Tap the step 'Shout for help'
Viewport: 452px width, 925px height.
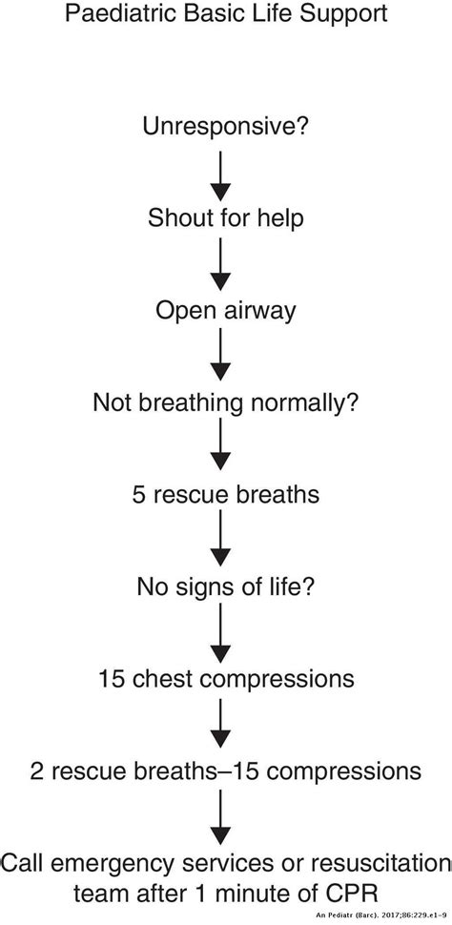point(226,218)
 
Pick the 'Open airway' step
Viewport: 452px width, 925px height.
point(226,310)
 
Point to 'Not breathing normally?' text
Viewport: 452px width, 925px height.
point(226,402)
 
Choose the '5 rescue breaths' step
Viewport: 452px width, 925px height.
point(226,495)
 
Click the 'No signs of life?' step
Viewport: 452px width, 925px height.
point(226,586)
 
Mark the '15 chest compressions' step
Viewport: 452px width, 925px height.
point(226,679)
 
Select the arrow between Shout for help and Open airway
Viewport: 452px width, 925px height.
point(221,264)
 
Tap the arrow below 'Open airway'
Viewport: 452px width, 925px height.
point(221,356)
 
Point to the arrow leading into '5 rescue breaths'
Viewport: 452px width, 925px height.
point(221,448)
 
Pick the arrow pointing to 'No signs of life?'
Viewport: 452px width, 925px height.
point(221,541)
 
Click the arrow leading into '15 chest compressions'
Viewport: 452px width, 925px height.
point(221,632)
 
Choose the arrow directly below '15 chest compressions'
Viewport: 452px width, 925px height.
point(221,725)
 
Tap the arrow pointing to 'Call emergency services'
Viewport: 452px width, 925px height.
point(221,817)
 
